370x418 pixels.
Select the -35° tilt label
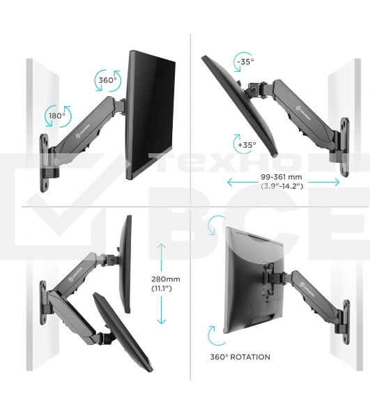(245, 62)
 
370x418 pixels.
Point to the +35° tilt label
(246, 145)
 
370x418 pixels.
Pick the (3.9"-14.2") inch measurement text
(283, 187)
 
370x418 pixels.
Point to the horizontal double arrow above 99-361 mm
(283, 182)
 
